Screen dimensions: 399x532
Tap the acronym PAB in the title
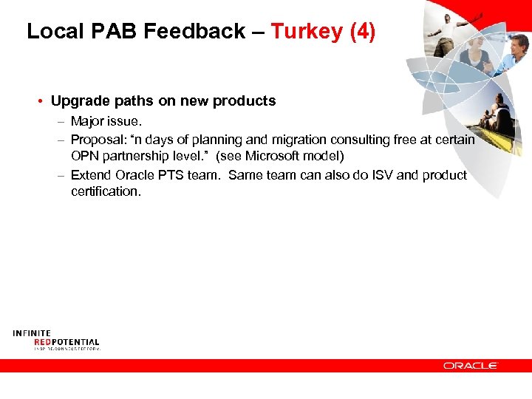click(x=118, y=31)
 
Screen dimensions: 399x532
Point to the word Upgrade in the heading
click(x=78, y=101)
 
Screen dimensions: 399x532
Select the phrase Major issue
click(x=105, y=120)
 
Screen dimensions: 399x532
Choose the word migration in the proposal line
click(x=301, y=140)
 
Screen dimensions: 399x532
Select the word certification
click(x=105, y=192)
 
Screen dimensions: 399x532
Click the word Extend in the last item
click(x=91, y=175)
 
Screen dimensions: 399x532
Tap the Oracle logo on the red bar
click(x=471, y=365)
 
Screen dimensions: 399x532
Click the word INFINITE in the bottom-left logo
click(x=32, y=334)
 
